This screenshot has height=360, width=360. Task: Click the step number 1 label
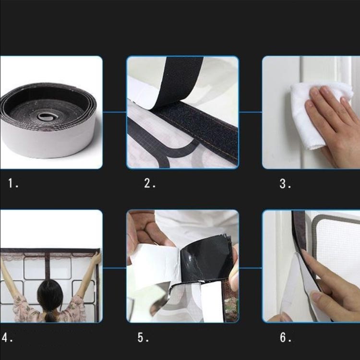13,183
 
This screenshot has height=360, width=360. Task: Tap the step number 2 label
150,183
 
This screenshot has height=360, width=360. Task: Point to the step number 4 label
7,337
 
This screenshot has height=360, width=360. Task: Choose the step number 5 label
143,337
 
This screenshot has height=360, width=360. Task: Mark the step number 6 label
286,337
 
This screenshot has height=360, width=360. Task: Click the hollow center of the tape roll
45,117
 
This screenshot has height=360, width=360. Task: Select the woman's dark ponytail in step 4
50,299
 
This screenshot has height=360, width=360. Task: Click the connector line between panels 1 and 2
114,112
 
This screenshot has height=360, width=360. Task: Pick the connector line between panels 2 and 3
251,112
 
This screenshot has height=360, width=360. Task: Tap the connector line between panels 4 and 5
114,268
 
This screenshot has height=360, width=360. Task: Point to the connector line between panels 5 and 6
251,268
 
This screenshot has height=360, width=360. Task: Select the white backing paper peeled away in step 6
296,287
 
